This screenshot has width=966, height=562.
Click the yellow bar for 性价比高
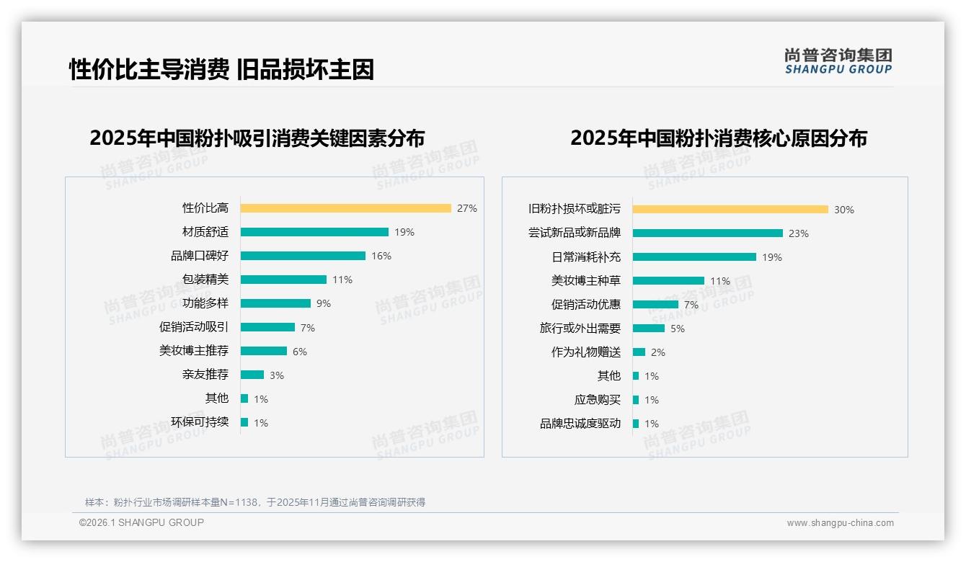pos(345,208)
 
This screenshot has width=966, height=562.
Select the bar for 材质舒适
pos(314,232)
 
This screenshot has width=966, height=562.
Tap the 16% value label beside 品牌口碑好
pos(381,256)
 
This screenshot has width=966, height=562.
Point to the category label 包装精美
pos(205,280)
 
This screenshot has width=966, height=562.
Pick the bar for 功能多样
pos(275,303)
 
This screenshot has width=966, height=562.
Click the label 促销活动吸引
pos(193,327)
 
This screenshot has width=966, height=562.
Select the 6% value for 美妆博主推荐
pos(300,352)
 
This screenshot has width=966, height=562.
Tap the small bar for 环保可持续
pos(244,422)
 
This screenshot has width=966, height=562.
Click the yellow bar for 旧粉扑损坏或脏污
pos(730,210)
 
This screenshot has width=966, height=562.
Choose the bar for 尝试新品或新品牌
pos(707,233)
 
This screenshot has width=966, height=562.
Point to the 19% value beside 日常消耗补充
pos(772,257)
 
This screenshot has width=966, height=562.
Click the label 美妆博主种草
pos(585,281)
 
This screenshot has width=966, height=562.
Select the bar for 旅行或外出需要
pos(649,329)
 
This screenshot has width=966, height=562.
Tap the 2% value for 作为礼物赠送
pos(658,352)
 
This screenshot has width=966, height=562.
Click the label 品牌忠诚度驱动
pos(580,424)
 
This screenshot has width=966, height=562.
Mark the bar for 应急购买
pos(636,400)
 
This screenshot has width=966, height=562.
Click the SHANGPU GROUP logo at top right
pos(838,61)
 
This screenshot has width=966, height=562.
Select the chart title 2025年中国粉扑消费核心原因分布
pos(718,138)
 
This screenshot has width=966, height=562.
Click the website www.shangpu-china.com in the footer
pos(840,523)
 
